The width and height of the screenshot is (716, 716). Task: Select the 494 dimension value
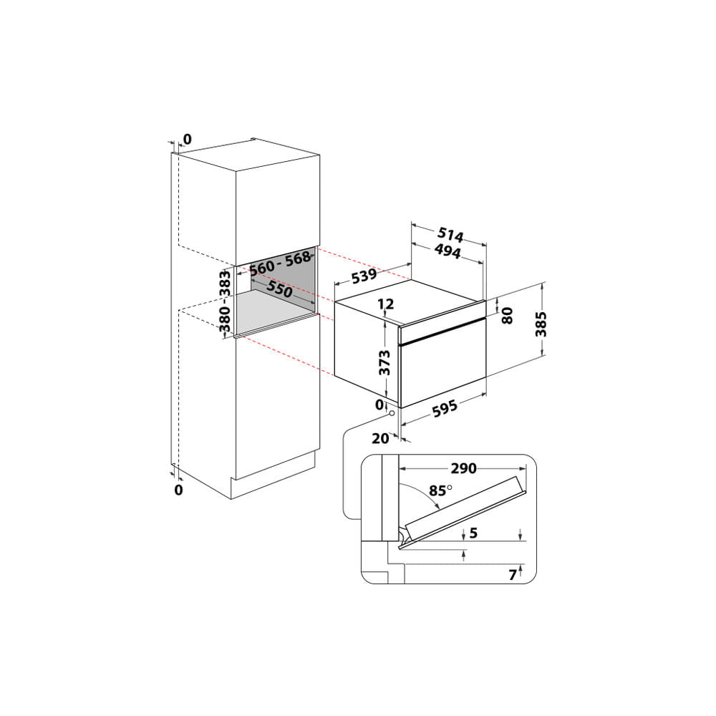click(x=447, y=251)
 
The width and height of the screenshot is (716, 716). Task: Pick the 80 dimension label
click(x=508, y=316)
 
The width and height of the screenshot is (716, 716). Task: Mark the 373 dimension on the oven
click(x=385, y=363)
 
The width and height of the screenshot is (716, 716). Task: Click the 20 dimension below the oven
click(x=379, y=438)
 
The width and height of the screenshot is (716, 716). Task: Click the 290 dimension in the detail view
click(x=463, y=468)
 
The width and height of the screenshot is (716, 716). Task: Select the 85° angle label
click(x=440, y=491)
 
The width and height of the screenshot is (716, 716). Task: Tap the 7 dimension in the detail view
click(x=512, y=574)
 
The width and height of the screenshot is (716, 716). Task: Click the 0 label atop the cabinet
click(x=188, y=138)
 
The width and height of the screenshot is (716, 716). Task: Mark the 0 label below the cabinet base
click(x=179, y=490)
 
